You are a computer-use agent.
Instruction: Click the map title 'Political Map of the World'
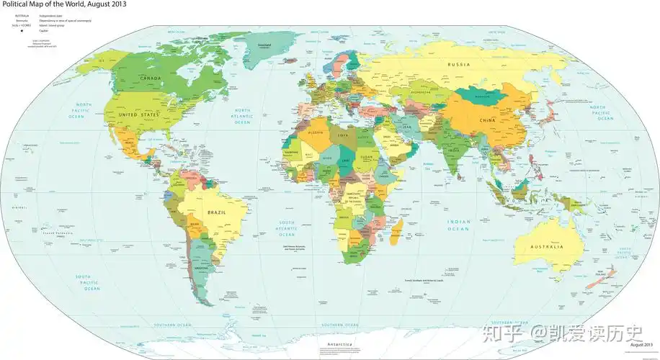tap(63, 5)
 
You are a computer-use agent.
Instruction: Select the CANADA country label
tap(151, 78)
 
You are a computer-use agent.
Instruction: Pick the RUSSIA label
tap(459, 65)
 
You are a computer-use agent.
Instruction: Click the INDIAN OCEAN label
tap(458, 225)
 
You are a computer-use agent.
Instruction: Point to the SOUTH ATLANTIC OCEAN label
tap(287, 228)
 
